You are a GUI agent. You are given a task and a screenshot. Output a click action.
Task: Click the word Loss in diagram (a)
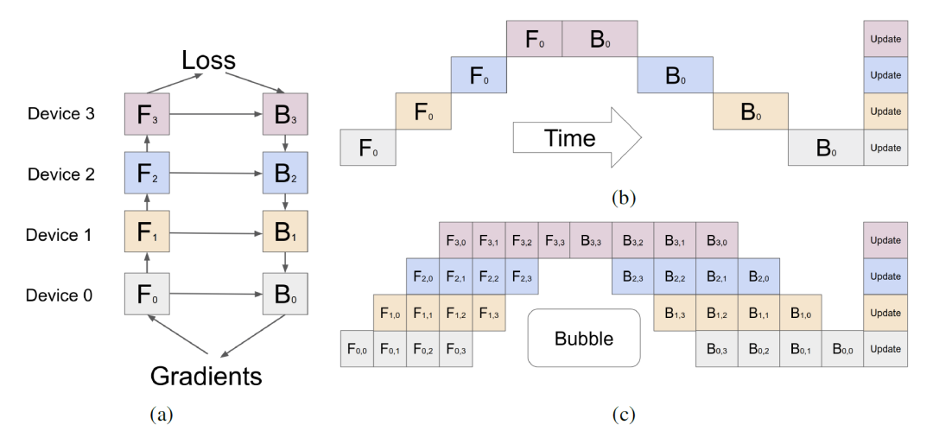(207, 60)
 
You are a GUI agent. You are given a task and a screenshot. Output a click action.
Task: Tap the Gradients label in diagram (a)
(206, 376)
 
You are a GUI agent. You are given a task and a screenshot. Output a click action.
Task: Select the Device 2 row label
(61, 174)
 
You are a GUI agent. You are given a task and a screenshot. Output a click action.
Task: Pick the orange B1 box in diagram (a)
(284, 234)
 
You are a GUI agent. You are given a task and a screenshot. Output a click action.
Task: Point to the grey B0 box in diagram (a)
(284, 295)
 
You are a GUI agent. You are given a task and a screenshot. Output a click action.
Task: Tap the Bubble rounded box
(583, 339)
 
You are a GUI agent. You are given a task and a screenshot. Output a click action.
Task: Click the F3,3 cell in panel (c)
(557, 240)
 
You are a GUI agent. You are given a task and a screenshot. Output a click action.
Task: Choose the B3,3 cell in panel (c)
(590, 240)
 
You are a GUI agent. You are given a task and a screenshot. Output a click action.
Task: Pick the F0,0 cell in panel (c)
(356, 349)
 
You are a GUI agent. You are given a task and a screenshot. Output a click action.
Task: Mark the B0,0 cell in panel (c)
(841, 349)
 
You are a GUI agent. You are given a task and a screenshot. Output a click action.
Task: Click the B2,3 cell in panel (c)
(632, 276)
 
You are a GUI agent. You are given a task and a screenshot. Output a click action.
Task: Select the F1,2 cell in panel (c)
(456, 313)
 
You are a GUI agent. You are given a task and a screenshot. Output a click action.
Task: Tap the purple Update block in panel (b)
(885, 39)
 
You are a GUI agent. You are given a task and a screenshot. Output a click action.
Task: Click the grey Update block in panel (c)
(885, 349)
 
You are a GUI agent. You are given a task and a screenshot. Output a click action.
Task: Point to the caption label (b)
(624, 198)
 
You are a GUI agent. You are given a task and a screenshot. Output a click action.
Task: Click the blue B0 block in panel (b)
(675, 75)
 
